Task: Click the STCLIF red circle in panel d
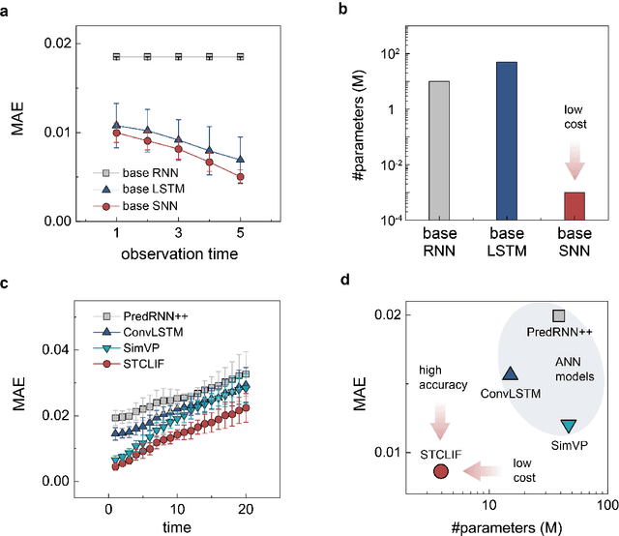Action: (x=441, y=471)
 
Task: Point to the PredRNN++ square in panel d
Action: (x=558, y=315)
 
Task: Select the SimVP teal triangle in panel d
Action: (x=569, y=426)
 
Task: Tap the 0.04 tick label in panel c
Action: (x=57, y=349)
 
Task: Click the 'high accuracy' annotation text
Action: (x=442, y=378)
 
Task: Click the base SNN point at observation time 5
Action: (x=240, y=177)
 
